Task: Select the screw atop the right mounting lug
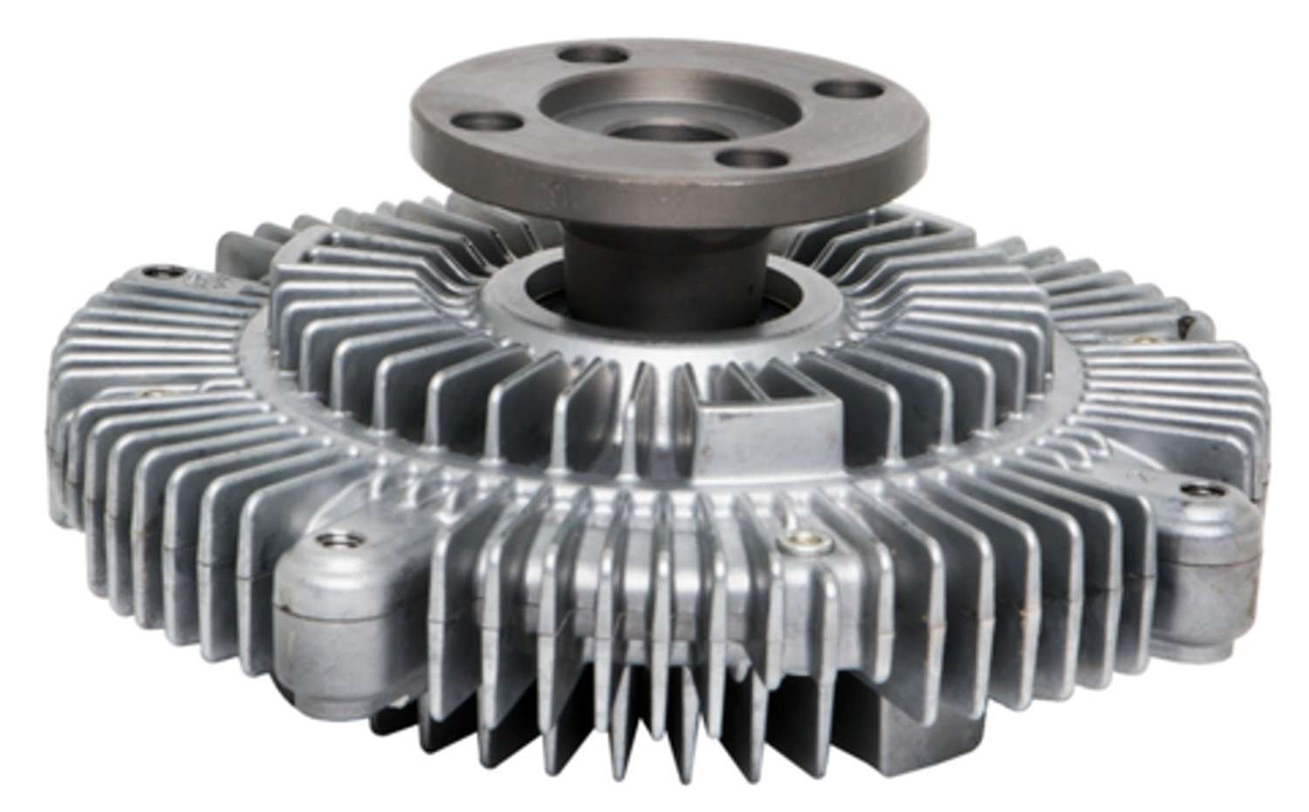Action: point(1192,502)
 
